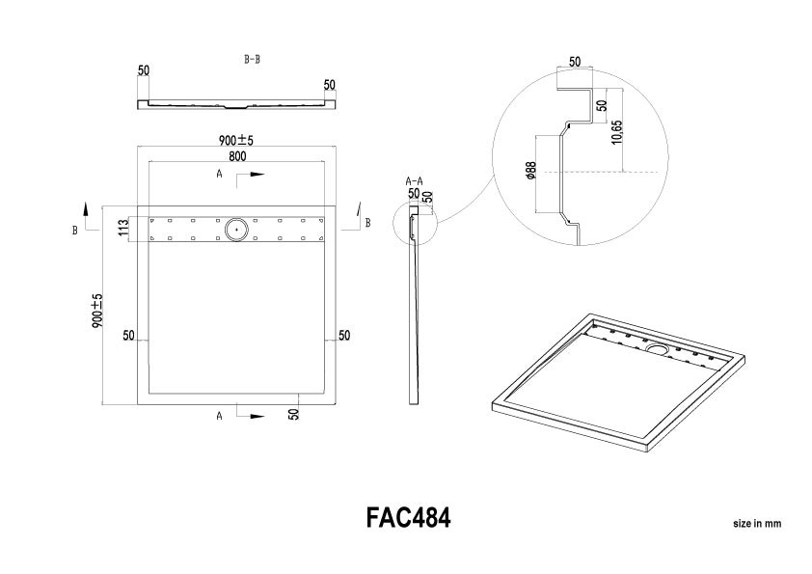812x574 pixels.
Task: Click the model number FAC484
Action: pos(408,517)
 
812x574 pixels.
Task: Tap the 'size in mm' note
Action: pos(757,523)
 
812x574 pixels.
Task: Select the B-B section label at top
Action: pos(253,60)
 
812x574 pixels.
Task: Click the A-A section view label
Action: pos(415,181)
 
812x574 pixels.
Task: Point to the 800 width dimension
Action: pos(236,156)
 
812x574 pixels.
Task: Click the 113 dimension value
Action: pos(123,228)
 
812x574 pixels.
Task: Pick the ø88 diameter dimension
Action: pos(530,171)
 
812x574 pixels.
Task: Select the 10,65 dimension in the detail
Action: pos(617,131)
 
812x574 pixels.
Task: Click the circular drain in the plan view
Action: pos(236,229)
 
